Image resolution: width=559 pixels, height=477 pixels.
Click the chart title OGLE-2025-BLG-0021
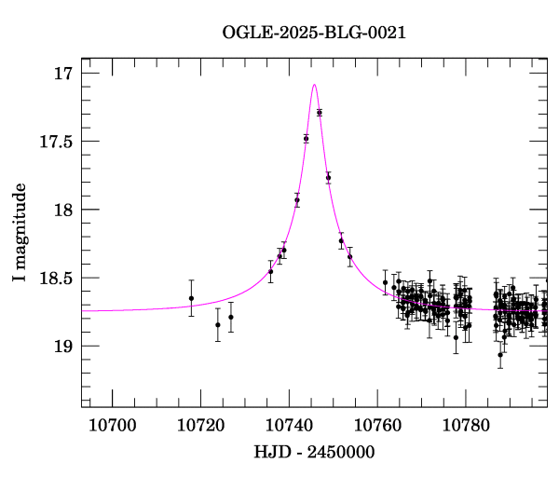314,33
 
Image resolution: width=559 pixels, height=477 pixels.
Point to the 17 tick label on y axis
63,73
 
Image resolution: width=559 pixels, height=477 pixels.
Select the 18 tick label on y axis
63,210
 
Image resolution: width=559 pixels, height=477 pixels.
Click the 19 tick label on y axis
63,346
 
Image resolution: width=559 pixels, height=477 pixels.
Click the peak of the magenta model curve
314,85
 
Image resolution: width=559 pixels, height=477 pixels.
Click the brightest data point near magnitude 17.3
320,112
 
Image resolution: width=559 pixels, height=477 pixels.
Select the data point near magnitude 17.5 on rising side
306,138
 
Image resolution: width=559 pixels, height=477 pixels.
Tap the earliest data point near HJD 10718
191,298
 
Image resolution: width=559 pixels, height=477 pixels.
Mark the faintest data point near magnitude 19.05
500,354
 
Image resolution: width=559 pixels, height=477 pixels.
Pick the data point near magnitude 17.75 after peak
328,177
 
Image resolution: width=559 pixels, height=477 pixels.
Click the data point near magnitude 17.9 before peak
297,200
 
